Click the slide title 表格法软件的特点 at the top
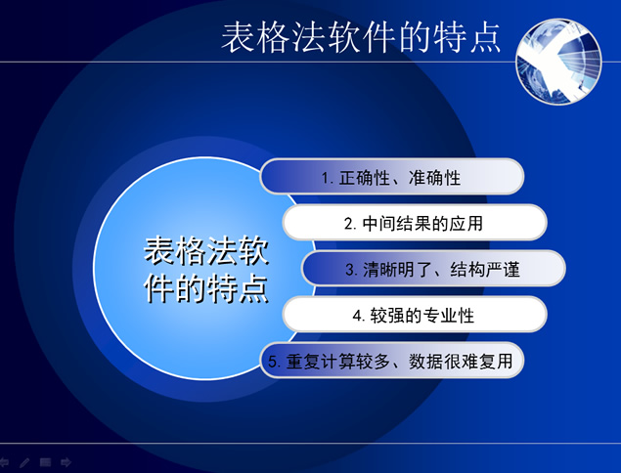click(x=361, y=37)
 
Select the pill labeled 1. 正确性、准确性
click(x=391, y=178)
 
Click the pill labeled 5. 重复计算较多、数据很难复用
click(x=391, y=361)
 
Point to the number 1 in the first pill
click(x=326, y=179)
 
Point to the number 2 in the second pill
click(x=348, y=224)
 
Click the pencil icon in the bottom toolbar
click(x=24, y=462)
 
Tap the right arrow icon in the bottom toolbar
click(x=66, y=462)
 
